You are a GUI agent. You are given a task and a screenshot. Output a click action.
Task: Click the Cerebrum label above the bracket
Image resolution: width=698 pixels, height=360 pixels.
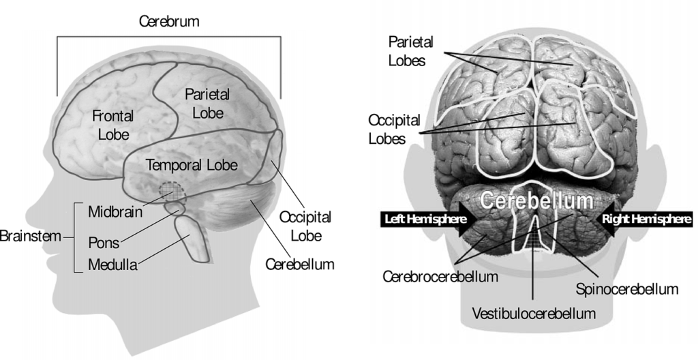point(169,21)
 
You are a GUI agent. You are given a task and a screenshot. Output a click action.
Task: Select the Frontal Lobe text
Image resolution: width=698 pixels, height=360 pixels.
point(113,125)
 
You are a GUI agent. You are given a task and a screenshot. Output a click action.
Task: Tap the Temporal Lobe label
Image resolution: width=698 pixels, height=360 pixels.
point(192,165)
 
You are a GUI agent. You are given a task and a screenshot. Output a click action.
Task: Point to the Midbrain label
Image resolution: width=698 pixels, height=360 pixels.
point(115,211)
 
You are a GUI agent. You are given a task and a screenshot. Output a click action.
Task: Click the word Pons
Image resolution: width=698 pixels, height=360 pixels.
point(104,243)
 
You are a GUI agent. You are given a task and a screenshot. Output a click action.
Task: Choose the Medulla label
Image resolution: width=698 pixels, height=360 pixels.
point(112,265)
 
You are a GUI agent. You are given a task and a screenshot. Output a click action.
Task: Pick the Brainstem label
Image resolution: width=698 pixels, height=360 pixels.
point(30,236)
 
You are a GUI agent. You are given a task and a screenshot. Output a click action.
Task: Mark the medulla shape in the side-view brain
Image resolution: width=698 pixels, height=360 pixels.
point(192,238)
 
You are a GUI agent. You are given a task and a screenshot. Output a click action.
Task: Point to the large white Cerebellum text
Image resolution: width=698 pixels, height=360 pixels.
point(536,200)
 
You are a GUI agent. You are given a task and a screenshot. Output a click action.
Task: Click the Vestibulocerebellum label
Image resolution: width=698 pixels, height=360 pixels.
point(534,313)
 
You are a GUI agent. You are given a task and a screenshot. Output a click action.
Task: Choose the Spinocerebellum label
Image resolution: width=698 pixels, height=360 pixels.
point(627,289)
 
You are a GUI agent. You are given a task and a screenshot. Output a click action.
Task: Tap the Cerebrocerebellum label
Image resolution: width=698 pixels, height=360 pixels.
point(440,276)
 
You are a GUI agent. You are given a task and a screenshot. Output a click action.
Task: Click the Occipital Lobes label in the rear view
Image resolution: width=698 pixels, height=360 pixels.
point(388,130)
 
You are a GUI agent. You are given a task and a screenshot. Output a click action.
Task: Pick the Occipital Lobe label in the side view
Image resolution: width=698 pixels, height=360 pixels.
point(306,226)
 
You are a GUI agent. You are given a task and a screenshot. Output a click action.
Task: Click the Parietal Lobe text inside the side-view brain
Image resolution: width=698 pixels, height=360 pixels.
point(207,104)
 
